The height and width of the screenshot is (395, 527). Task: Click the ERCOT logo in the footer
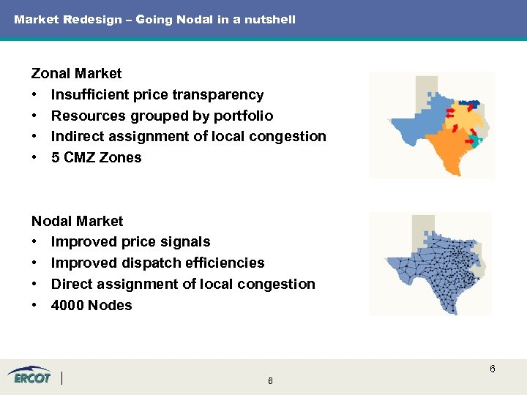30,377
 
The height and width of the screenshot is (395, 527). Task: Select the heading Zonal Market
76,73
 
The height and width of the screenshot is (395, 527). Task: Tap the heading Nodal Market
77,221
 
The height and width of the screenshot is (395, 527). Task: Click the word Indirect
79,136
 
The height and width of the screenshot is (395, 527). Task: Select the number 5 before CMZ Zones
56,157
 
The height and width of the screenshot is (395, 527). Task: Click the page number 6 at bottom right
493,369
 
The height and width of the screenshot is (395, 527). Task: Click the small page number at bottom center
270,381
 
